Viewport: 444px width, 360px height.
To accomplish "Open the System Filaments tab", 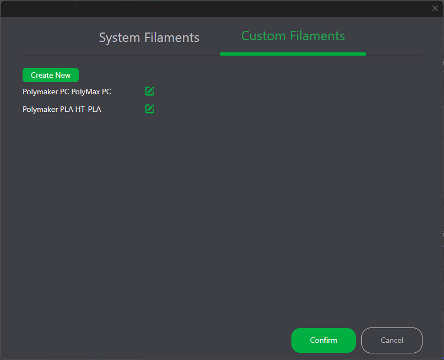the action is [x=149, y=37].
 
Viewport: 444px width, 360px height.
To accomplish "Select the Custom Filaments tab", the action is [x=293, y=36].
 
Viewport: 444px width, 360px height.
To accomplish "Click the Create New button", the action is [x=51, y=75].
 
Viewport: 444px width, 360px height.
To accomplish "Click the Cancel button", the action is [x=392, y=340].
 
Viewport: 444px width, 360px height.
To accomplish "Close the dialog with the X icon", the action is [x=435, y=8].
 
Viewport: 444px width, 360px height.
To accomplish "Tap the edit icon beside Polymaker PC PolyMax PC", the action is [x=149, y=92].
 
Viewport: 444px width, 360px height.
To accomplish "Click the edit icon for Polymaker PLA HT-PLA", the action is [x=149, y=109].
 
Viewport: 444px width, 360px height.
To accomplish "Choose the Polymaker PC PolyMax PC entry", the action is [x=67, y=92].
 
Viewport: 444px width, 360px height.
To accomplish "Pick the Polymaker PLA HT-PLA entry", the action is [x=62, y=109].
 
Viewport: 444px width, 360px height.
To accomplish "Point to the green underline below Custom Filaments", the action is [x=293, y=54].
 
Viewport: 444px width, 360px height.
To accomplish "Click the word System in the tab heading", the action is [x=120, y=37].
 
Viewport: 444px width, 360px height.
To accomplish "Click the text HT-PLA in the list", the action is [x=88, y=109].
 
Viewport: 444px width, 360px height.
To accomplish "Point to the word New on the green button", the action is [x=63, y=75].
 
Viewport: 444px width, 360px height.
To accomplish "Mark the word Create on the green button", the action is [x=42, y=75].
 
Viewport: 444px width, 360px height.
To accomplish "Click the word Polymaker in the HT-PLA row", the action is [x=40, y=109].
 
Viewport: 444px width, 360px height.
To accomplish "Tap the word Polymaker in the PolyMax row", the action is [x=40, y=92].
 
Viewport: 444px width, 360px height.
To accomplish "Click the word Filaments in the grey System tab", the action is [x=172, y=37].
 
